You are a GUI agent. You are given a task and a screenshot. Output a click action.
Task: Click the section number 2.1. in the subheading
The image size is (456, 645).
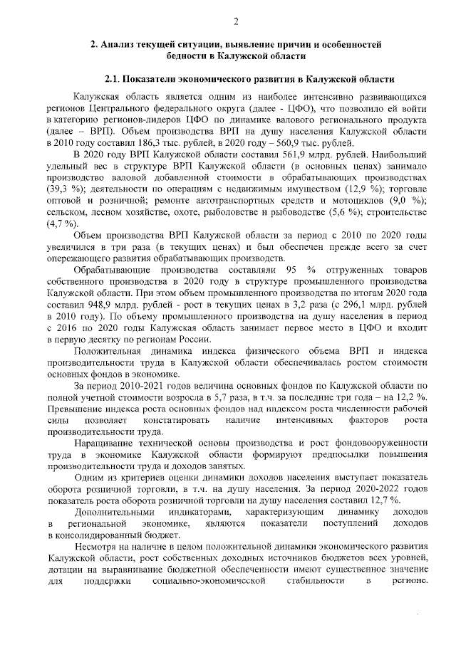(x=115, y=78)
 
